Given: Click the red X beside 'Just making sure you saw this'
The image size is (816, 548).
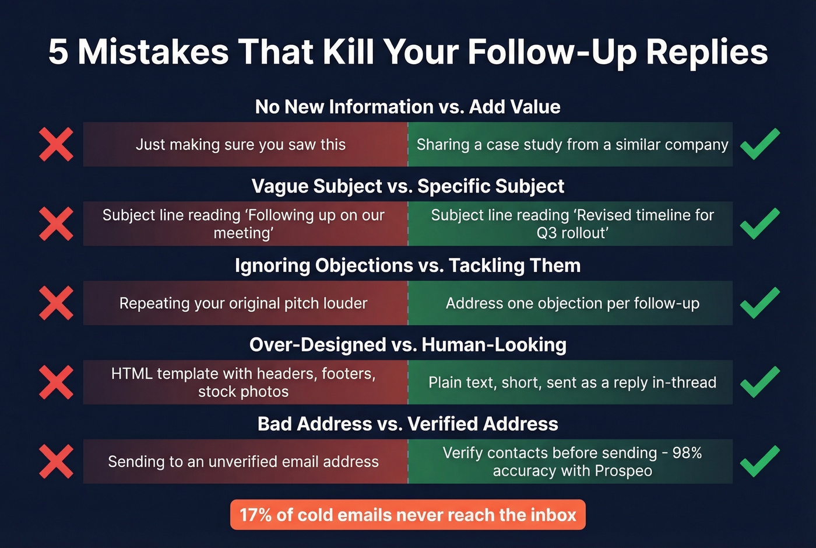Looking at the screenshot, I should [x=57, y=144].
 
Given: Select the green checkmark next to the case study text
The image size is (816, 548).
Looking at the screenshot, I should [x=759, y=144].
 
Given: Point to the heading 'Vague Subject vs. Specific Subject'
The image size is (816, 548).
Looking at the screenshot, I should [x=408, y=186].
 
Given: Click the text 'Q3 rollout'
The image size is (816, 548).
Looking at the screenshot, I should [x=572, y=233].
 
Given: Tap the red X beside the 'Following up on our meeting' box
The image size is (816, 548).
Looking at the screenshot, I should [x=57, y=224].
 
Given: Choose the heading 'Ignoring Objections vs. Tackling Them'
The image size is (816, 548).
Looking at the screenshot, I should [x=408, y=266].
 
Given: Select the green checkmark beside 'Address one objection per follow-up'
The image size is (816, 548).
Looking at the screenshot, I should [x=759, y=303].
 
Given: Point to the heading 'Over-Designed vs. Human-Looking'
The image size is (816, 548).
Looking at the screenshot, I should [x=408, y=345].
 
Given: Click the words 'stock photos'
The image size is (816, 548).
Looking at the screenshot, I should [x=243, y=392].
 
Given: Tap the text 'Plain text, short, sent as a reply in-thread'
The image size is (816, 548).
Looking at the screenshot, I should [x=572, y=383].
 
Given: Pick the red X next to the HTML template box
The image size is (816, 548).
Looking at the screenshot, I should [x=57, y=382].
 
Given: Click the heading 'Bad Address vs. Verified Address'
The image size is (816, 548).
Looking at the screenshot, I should [x=408, y=424].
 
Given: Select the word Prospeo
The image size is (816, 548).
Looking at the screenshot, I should [x=623, y=471].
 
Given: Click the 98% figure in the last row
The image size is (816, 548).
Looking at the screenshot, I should [x=687, y=453].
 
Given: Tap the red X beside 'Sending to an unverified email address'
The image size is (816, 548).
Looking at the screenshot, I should [x=57, y=462].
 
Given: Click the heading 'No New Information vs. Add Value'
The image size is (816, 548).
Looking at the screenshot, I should [x=408, y=107].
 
